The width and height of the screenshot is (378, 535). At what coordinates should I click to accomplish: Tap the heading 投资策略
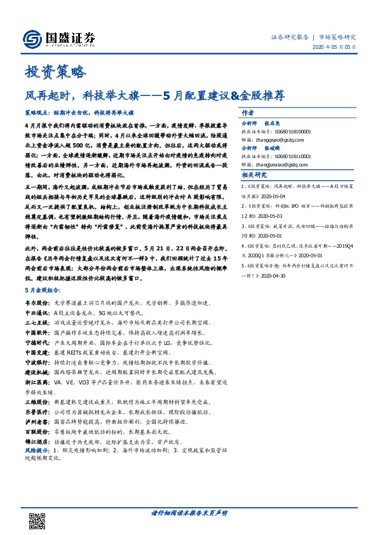point(54,71)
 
